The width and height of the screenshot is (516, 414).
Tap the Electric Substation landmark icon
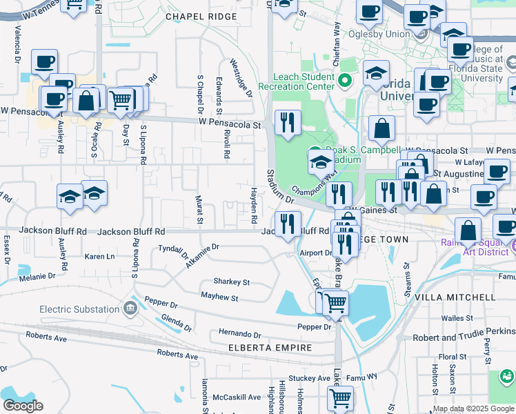tap(130, 307)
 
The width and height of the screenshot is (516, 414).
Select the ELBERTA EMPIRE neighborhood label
tap(270, 348)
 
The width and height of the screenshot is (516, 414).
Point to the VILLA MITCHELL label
tap(455, 297)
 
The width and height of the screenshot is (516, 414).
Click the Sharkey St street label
tap(231, 282)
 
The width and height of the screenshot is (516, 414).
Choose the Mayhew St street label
tap(219, 298)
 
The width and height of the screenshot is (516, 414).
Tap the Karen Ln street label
tap(99, 256)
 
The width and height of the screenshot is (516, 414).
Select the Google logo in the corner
tap(23, 406)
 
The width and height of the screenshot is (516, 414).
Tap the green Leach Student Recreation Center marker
tap(346, 83)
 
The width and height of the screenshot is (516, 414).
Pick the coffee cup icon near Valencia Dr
tap(43, 61)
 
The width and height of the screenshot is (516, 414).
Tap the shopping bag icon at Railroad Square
tap(468, 230)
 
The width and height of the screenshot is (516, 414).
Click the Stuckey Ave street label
tap(310, 378)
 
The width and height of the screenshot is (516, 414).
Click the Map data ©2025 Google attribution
tap(473, 408)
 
